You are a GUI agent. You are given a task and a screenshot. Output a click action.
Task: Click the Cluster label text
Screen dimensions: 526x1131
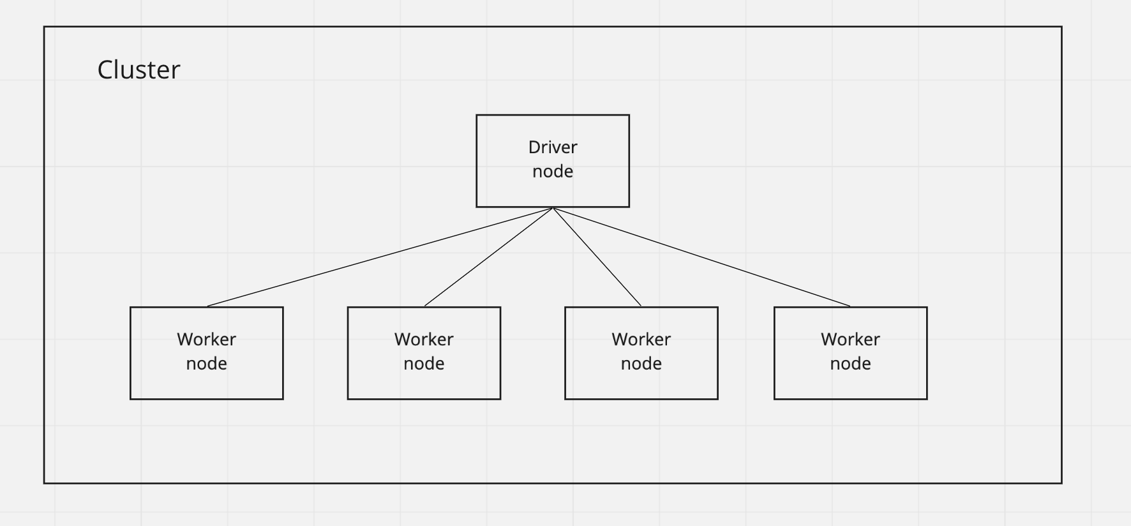139,70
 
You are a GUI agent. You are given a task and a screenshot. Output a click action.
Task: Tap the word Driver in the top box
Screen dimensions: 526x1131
553,147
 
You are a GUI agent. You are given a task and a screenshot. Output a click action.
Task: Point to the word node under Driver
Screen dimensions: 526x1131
553,172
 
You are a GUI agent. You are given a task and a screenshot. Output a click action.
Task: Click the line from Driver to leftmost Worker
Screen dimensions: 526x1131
380,257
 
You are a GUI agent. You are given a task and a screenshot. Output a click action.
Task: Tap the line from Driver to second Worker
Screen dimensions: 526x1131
488,257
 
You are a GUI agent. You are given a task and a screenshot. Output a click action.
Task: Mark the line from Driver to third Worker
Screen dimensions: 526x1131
597,257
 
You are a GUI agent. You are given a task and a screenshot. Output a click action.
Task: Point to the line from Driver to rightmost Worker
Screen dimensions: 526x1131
701,257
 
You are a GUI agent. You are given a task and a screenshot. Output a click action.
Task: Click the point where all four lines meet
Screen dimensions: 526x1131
553,208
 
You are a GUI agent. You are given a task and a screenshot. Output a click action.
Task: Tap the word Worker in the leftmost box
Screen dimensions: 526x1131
206,340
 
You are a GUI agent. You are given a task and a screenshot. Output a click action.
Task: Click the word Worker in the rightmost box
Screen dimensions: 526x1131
850,340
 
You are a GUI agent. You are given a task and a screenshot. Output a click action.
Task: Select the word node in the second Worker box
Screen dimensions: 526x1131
424,364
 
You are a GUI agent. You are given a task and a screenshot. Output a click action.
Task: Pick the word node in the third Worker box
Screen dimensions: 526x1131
641,364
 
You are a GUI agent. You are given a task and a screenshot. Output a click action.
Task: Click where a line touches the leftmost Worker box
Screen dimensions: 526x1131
207,306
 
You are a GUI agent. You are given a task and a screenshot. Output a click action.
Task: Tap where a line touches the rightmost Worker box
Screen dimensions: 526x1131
850,306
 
